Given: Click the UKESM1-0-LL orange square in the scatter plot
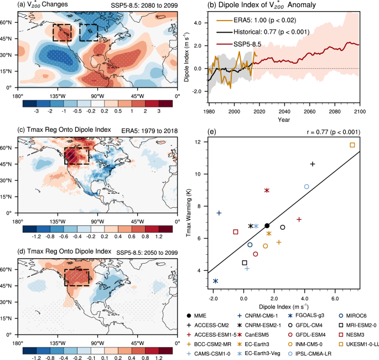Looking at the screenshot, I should click(x=352, y=145).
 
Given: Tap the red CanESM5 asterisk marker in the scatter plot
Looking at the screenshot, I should click(x=267, y=190).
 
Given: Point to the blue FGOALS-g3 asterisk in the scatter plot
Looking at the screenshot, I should click(x=215, y=281).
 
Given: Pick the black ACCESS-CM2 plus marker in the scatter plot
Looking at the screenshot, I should click(x=313, y=164).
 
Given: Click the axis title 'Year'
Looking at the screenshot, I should click(x=284, y=119).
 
